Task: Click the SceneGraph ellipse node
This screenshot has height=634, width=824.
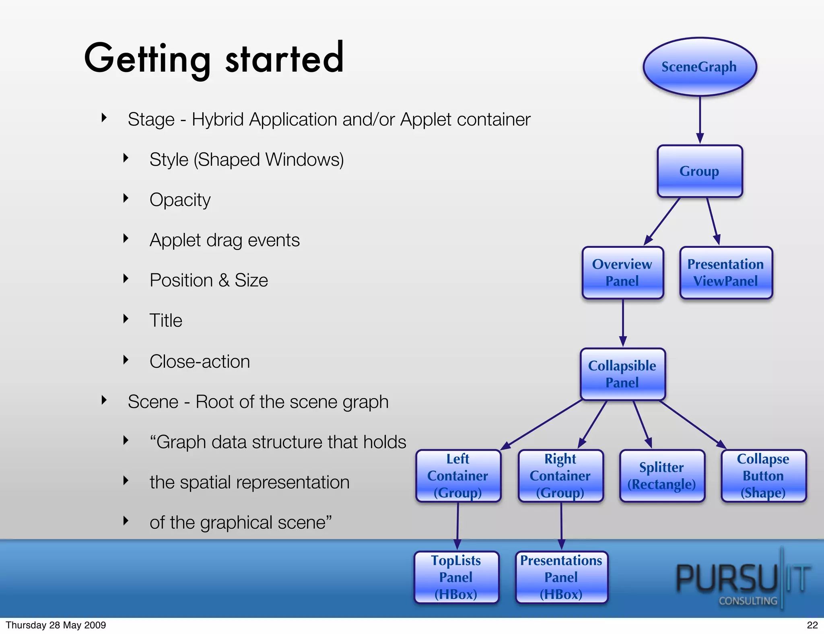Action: (x=700, y=67)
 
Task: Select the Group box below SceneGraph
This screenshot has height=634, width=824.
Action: (x=700, y=171)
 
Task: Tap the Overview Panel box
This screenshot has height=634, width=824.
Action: (x=622, y=273)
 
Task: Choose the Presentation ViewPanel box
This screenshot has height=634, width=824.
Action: (x=726, y=273)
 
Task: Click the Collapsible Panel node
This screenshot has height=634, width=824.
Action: (x=622, y=374)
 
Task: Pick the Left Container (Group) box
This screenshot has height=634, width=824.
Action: (x=458, y=476)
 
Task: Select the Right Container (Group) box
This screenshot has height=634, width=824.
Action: (x=560, y=476)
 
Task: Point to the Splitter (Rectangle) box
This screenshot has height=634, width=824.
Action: (x=662, y=476)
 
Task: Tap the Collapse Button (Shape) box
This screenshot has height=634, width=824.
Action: (x=763, y=476)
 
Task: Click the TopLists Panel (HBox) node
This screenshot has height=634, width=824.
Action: (x=456, y=577)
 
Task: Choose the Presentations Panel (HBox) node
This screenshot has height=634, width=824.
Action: (x=561, y=577)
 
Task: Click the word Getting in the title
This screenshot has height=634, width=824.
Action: (x=147, y=59)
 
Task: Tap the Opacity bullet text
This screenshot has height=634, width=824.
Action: (x=180, y=200)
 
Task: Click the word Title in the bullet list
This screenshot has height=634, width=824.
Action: (x=166, y=321)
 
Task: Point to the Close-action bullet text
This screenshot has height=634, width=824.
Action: (x=200, y=361)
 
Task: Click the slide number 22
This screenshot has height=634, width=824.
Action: (x=812, y=625)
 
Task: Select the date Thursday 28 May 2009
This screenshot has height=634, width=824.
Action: (x=56, y=625)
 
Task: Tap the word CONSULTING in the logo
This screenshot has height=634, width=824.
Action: (x=748, y=601)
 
